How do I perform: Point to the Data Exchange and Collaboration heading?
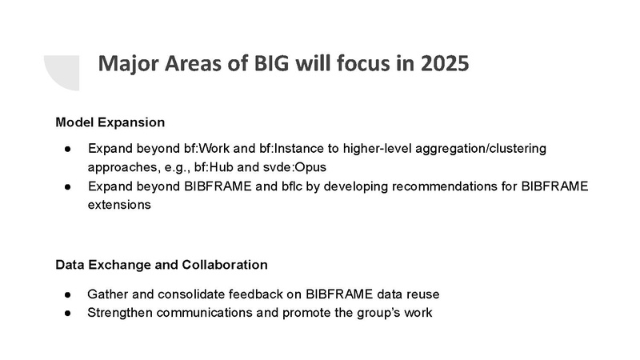tap(162, 264)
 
